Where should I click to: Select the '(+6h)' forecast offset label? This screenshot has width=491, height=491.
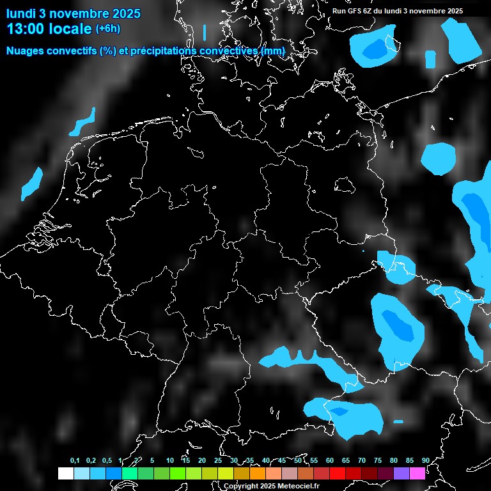[107, 29]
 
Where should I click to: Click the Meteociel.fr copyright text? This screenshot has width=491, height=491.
[271, 486]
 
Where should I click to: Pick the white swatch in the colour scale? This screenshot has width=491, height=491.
[65, 473]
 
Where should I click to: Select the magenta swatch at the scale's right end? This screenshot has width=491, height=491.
[417, 473]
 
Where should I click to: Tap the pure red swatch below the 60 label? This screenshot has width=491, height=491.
[338, 473]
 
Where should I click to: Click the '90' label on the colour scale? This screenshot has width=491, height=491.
[425, 460]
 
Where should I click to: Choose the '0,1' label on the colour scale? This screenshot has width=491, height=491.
[75, 460]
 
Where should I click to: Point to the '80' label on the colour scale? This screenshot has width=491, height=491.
[393, 460]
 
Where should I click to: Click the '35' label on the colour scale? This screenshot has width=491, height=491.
[250, 460]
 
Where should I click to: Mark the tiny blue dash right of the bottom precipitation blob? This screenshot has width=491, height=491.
[398, 421]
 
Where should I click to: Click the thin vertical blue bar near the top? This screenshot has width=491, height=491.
[205, 33]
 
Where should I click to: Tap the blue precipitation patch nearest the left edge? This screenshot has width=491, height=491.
[31, 183]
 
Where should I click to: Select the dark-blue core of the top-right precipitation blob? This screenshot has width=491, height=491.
[375, 49]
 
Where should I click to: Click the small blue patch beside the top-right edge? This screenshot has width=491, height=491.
[430, 59]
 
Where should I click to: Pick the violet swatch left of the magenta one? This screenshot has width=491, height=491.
[401, 473]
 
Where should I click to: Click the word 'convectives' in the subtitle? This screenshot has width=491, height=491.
[228, 51]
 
